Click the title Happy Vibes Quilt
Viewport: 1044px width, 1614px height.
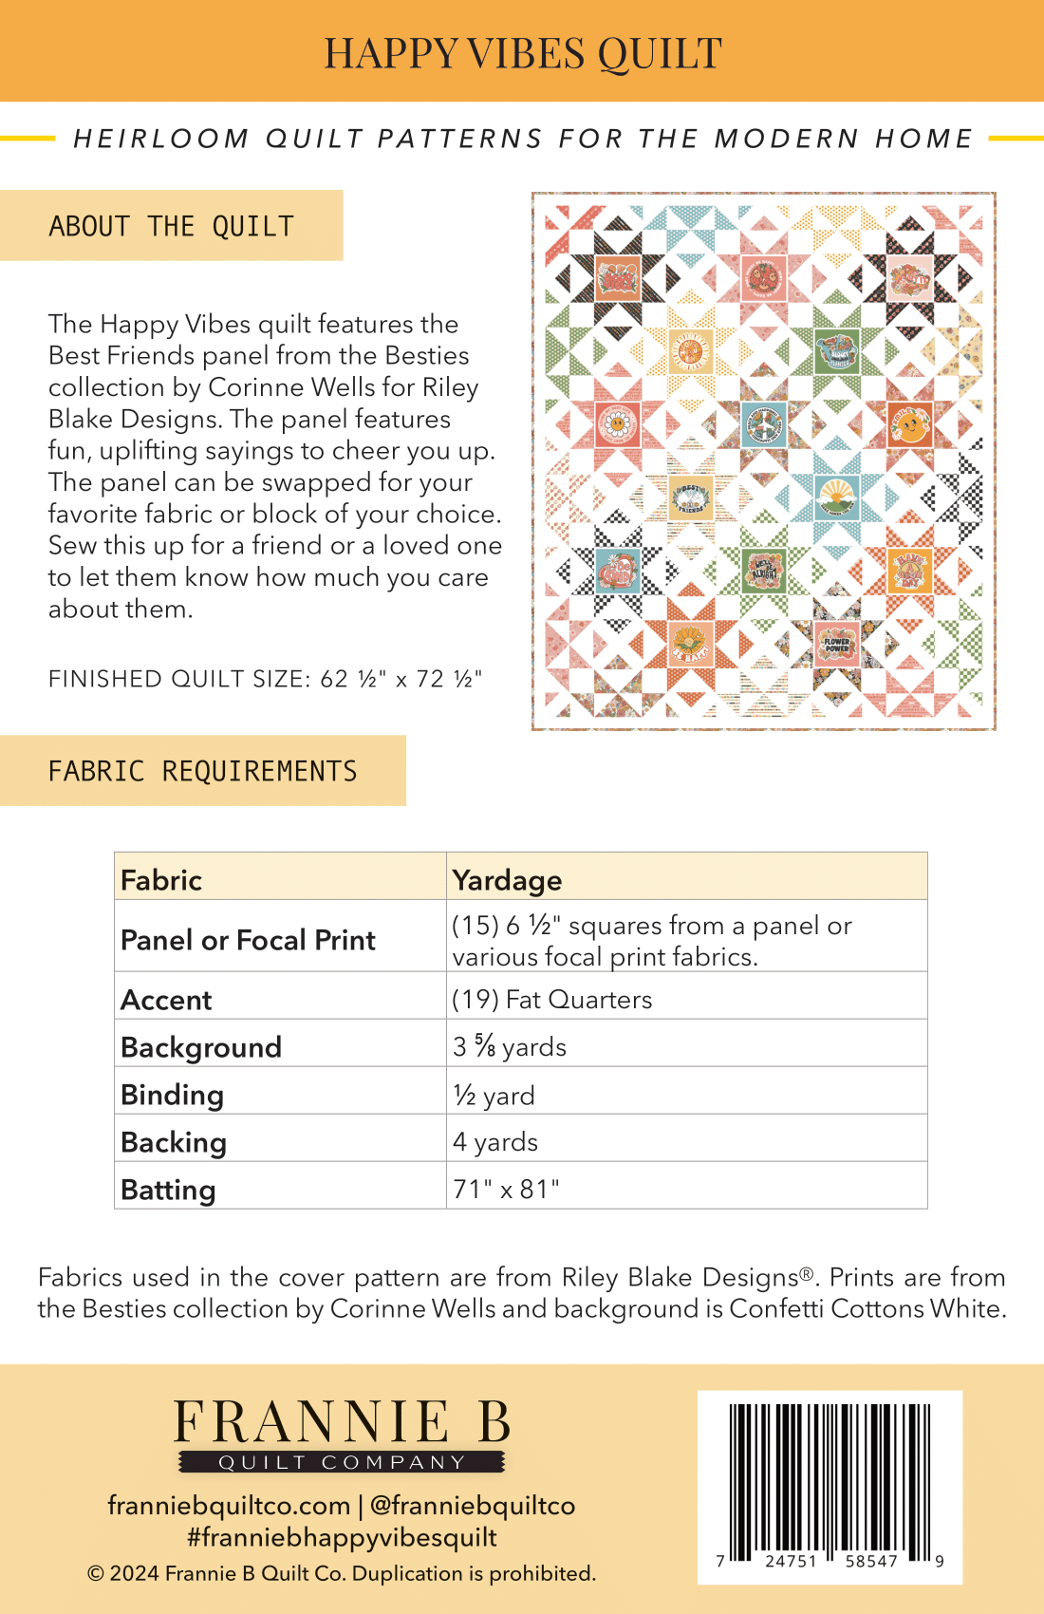(x=523, y=53)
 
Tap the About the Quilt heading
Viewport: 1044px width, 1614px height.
(x=172, y=226)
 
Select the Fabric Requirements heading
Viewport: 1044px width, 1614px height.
(x=202, y=771)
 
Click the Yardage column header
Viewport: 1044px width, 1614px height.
(x=508, y=880)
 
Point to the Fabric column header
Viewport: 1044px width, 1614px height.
(x=161, y=880)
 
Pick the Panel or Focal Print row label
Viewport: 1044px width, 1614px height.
(x=248, y=940)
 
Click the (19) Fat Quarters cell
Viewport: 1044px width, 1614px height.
(x=552, y=1000)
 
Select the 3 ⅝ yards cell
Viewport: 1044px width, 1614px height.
(x=510, y=1046)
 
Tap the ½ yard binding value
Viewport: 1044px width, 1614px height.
(x=494, y=1095)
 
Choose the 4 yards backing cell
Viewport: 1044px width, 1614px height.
(x=495, y=1141)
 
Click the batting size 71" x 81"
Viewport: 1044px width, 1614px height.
(x=506, y=1189)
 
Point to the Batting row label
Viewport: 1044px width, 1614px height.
(x=168, y=1190)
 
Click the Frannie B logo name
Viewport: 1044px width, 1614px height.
(x=342, y=1423)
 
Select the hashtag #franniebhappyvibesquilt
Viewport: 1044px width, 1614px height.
(x=342, y=1537)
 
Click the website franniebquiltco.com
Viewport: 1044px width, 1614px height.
(x=229, y=1506)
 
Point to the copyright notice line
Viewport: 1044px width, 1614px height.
(x=342, y=1573)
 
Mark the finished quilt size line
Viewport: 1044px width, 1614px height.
(x=266, y=679)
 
